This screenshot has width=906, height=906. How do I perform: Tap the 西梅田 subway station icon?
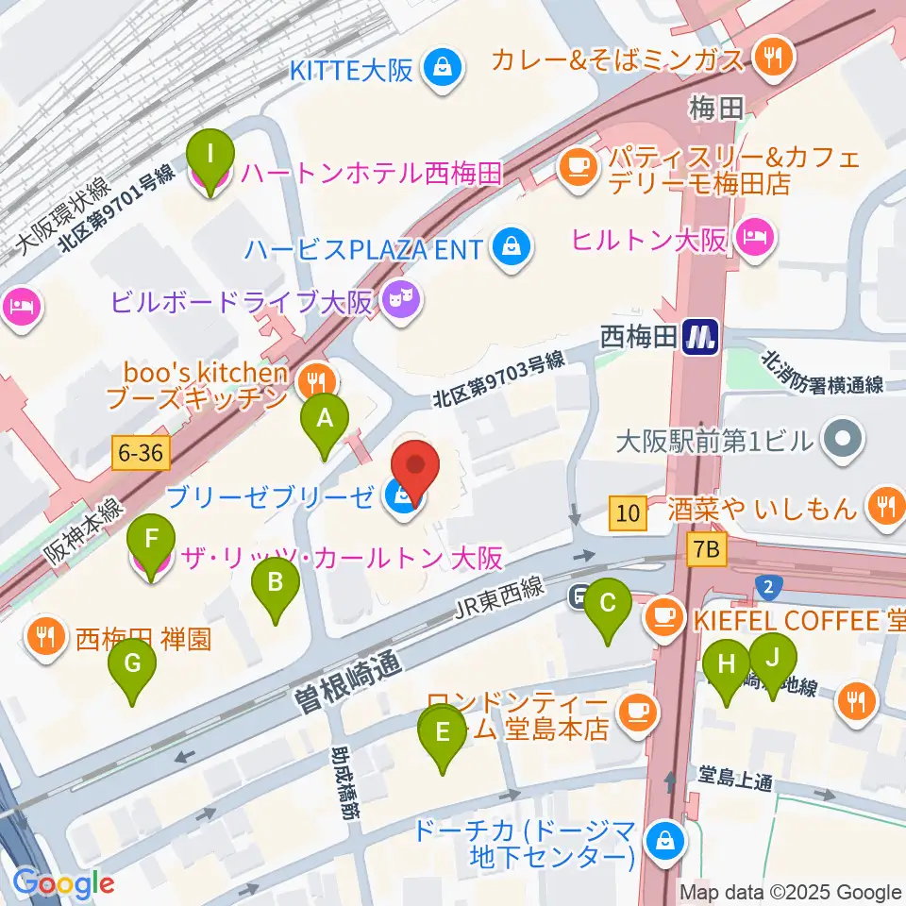pos(701,334)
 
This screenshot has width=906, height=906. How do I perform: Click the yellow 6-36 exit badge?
pos(142,454)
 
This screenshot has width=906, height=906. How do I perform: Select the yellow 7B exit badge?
pos(708,549)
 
